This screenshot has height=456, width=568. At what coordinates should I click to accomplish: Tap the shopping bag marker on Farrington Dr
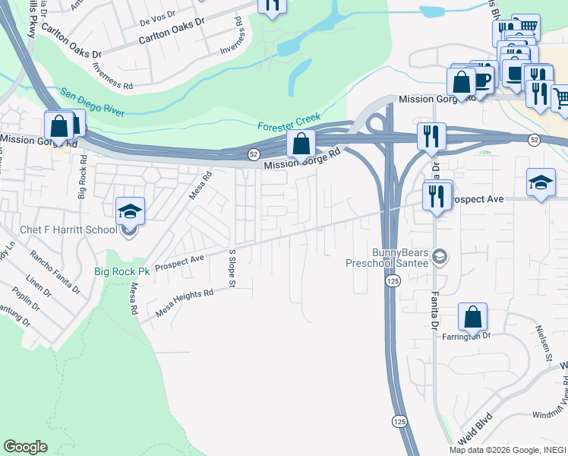(x=472, y=318)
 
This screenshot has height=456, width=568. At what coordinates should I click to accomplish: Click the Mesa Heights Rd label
(x=185, y=302)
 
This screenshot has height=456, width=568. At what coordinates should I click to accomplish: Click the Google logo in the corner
(x=26, y=447)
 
